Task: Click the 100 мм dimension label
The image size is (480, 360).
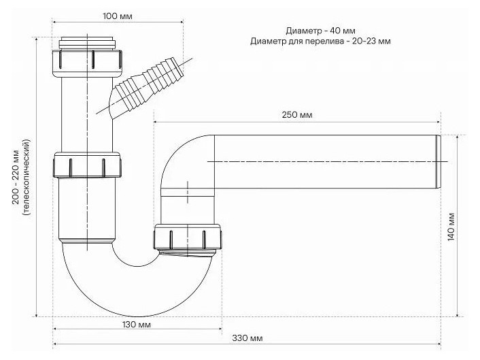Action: coord(118,16)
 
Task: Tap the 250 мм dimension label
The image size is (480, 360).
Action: coord(297,115)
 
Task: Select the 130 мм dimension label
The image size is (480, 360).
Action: coord(136,325)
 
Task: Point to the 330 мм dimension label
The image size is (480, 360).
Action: coord(247,338)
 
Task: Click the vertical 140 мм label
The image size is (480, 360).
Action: coord(451,226)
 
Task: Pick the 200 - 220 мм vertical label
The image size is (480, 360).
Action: coord(16,176)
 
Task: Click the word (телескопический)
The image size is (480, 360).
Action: coord(27,178)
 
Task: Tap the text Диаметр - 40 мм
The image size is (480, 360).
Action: coord(320,31)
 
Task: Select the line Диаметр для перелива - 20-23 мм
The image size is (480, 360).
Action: coord(320,41)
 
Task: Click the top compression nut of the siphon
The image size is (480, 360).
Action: coord(88,63)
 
